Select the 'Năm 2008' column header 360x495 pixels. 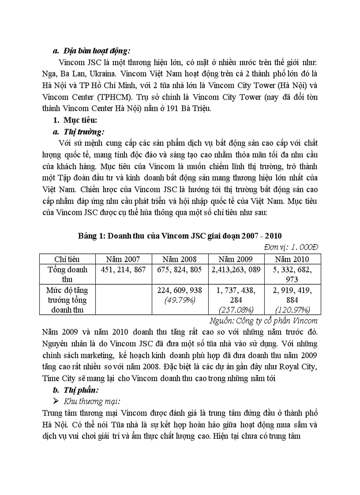point(180,259)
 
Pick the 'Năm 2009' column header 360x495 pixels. point(236,259)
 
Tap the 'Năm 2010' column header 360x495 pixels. point(292,259)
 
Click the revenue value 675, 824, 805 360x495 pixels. point(180,269)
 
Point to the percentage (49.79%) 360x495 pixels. point(180,300)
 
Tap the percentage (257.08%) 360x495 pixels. point(236,309)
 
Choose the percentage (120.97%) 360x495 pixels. point(292,309)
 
